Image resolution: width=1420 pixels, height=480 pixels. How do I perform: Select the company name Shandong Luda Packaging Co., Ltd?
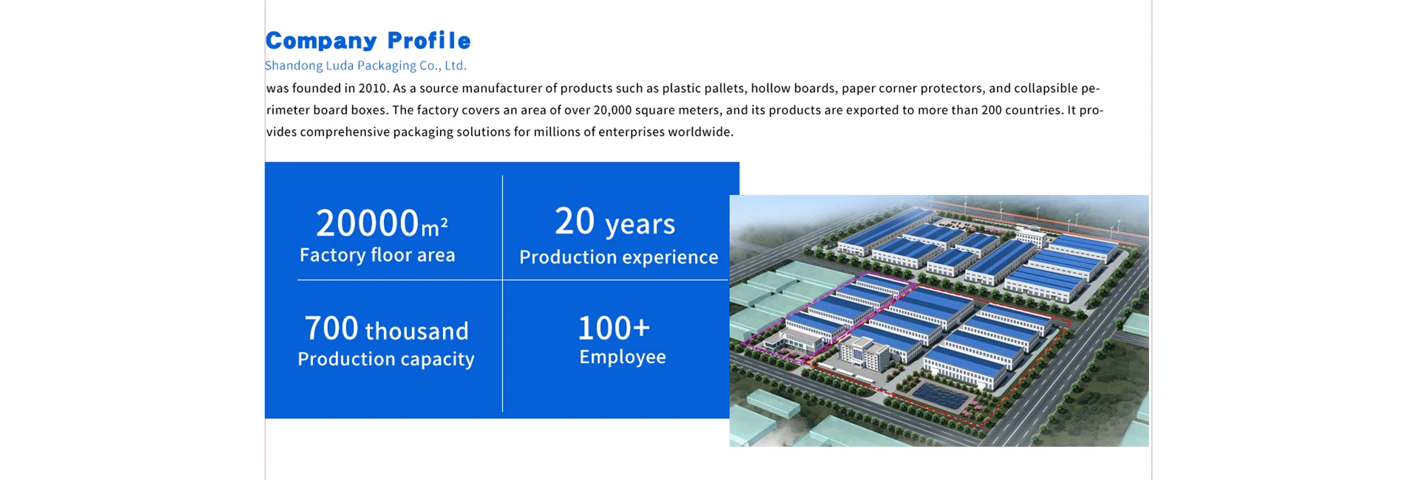tap(366, 66)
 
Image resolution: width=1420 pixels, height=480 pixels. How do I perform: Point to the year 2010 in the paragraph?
tap(372, 89)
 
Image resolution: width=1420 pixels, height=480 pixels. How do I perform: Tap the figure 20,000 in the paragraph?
tap(612, 110)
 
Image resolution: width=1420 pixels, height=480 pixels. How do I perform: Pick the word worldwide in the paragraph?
tap(701, 132)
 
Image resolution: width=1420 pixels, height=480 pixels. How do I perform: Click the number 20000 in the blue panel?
tap(368, 222)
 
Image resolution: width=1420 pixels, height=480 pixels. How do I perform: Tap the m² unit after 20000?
tap(434, 227)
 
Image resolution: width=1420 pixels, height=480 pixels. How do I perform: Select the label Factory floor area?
tap(377, 256)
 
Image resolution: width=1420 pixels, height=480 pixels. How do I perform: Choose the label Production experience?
tap(619, 258)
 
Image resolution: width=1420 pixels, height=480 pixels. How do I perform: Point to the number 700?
tap(332, 329)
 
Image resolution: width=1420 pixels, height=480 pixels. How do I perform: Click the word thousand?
tap(417, 331)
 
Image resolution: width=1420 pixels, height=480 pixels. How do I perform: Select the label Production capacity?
tap(386, 360)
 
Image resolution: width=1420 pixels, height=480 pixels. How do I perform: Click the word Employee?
tap(622, 357)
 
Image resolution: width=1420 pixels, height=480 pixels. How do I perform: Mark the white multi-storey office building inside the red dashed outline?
tap(865, 354)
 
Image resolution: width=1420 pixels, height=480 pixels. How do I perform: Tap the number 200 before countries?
tap(991, 110)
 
